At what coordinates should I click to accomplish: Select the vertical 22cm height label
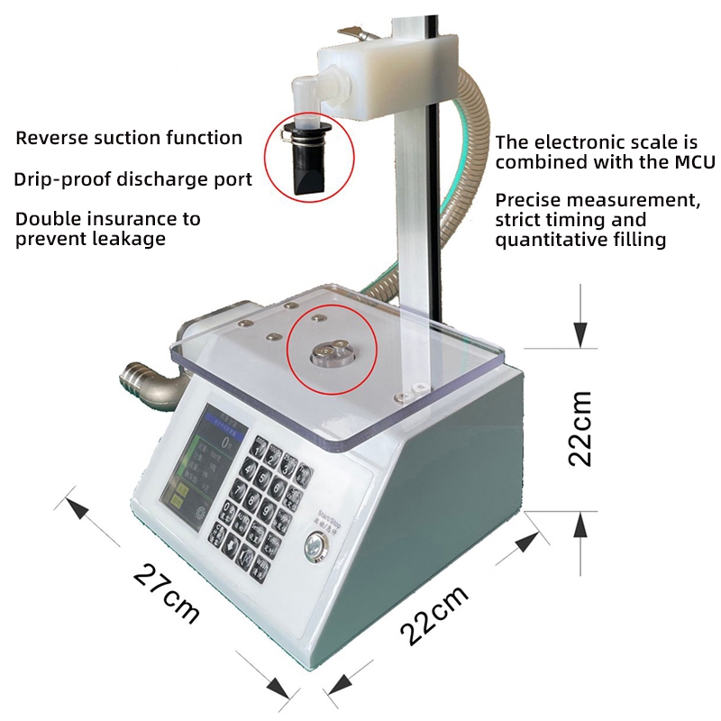580,428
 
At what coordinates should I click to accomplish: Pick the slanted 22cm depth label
434,615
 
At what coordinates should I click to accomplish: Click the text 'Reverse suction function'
129,138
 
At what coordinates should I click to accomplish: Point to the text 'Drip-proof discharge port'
132,178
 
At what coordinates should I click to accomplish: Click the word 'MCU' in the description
693,162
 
